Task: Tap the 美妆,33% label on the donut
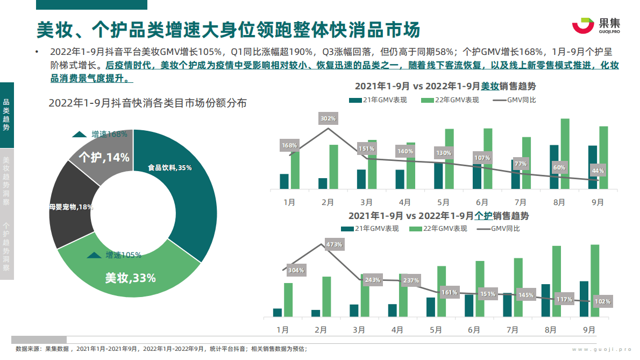tap(130, 278)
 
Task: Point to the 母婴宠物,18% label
tap(70, 207)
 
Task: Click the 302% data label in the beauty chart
tap(328, 118)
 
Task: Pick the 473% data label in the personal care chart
tap(334, 244)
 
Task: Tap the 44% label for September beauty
tap(598, 171)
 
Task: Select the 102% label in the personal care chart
tap(602, 301)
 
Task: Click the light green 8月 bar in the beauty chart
tap(565, 153)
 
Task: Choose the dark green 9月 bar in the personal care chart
tap(584, 299)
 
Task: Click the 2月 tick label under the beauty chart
tap(328, 202)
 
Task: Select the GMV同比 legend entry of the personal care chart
tap(503, 228)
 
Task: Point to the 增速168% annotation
tap(102, 134)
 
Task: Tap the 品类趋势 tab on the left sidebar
tap(6, 115)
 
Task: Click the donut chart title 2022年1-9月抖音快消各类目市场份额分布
tap(147, 103)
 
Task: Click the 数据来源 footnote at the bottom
tap(161, 349)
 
